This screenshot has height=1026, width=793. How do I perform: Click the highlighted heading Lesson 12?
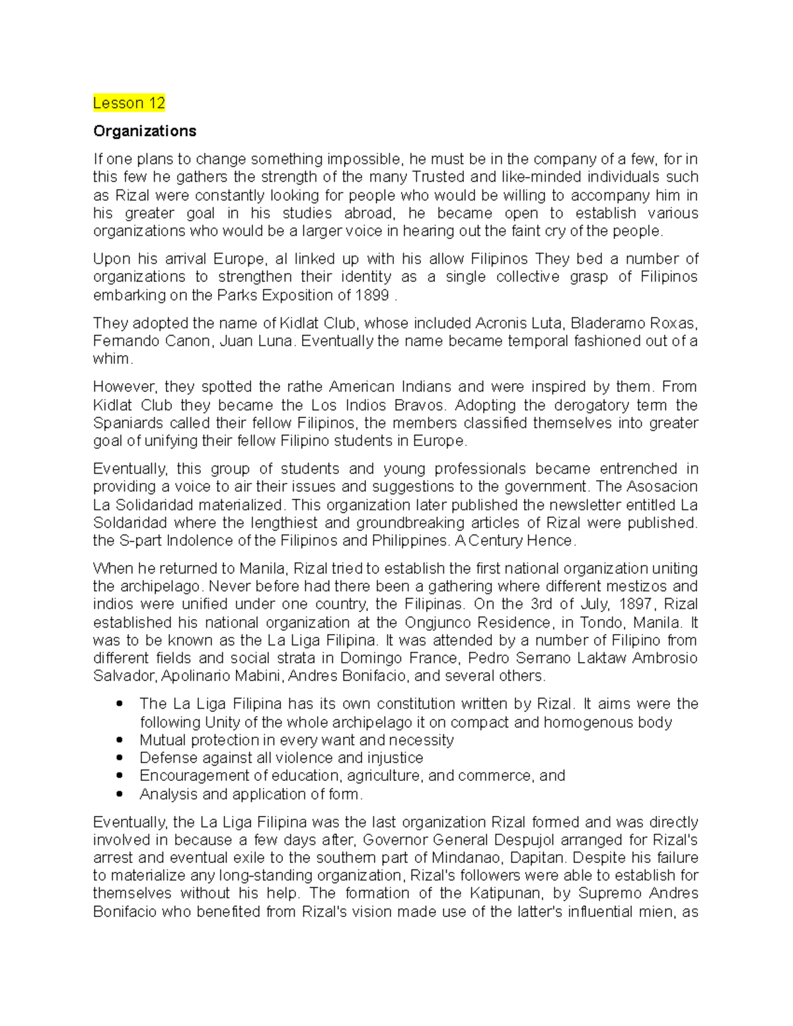point(129,103)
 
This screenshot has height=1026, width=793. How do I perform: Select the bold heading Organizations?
point(145,131)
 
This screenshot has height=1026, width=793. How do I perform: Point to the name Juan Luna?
point(258,341)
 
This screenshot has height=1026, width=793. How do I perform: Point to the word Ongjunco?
point(442,622)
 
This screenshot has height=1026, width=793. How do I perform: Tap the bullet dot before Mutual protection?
point(120,740)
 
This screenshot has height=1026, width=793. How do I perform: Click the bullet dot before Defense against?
point(120,758)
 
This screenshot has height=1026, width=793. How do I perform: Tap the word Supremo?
point(610,894)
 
